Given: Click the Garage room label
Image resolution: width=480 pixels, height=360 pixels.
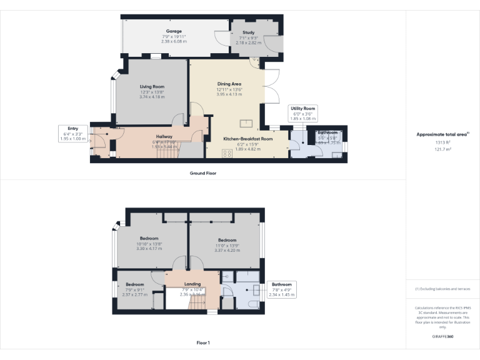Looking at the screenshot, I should [174, 31].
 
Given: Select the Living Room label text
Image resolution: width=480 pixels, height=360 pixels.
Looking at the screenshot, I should [152, 87].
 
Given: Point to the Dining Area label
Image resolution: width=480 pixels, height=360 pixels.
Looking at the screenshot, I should [229, 84].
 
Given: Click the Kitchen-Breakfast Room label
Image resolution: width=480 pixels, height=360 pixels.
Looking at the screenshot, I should [248, 138].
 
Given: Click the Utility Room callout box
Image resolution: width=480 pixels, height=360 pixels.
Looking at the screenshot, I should [303, 112].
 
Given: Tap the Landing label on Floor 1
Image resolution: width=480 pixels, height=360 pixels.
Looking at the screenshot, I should [192, 284].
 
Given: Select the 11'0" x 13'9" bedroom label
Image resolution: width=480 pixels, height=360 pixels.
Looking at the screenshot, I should [227, 241].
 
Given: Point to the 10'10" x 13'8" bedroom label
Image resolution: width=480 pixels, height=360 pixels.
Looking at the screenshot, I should [149, 238].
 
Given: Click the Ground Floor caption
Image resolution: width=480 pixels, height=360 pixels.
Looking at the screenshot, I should [203, 172].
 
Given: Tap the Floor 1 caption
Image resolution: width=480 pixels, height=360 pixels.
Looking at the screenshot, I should [203, 342].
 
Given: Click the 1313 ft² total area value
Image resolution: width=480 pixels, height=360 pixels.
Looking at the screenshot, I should [442, 142].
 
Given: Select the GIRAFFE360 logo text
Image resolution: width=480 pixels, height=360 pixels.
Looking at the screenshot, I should [442, 337].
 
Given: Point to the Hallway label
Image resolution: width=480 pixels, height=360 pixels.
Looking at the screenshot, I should [164, 136].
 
